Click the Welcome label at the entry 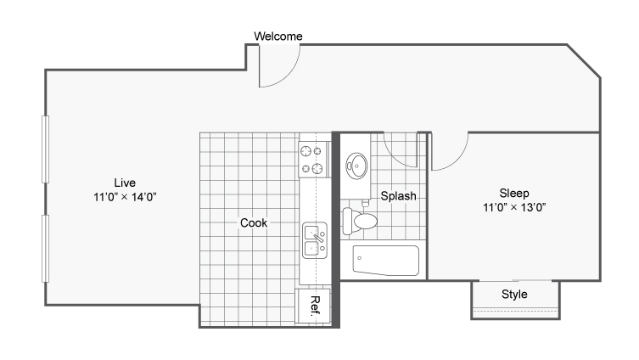(278, 37)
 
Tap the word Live (125, 183)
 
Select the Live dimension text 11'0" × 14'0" (125, 197)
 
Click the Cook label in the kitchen (254, 222)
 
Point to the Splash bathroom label (398, 196)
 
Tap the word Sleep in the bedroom (514, 194)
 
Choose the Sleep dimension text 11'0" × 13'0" (514, 207)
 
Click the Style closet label (514, 295)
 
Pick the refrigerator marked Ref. (313, 306)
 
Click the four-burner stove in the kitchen (313, 160)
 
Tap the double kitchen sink (315, 240)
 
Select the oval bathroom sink (356, 166)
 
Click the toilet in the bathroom (360, 221)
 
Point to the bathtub (385, 260)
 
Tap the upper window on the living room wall (45, 149)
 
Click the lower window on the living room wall (45, 249)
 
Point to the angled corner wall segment (584, 61)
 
